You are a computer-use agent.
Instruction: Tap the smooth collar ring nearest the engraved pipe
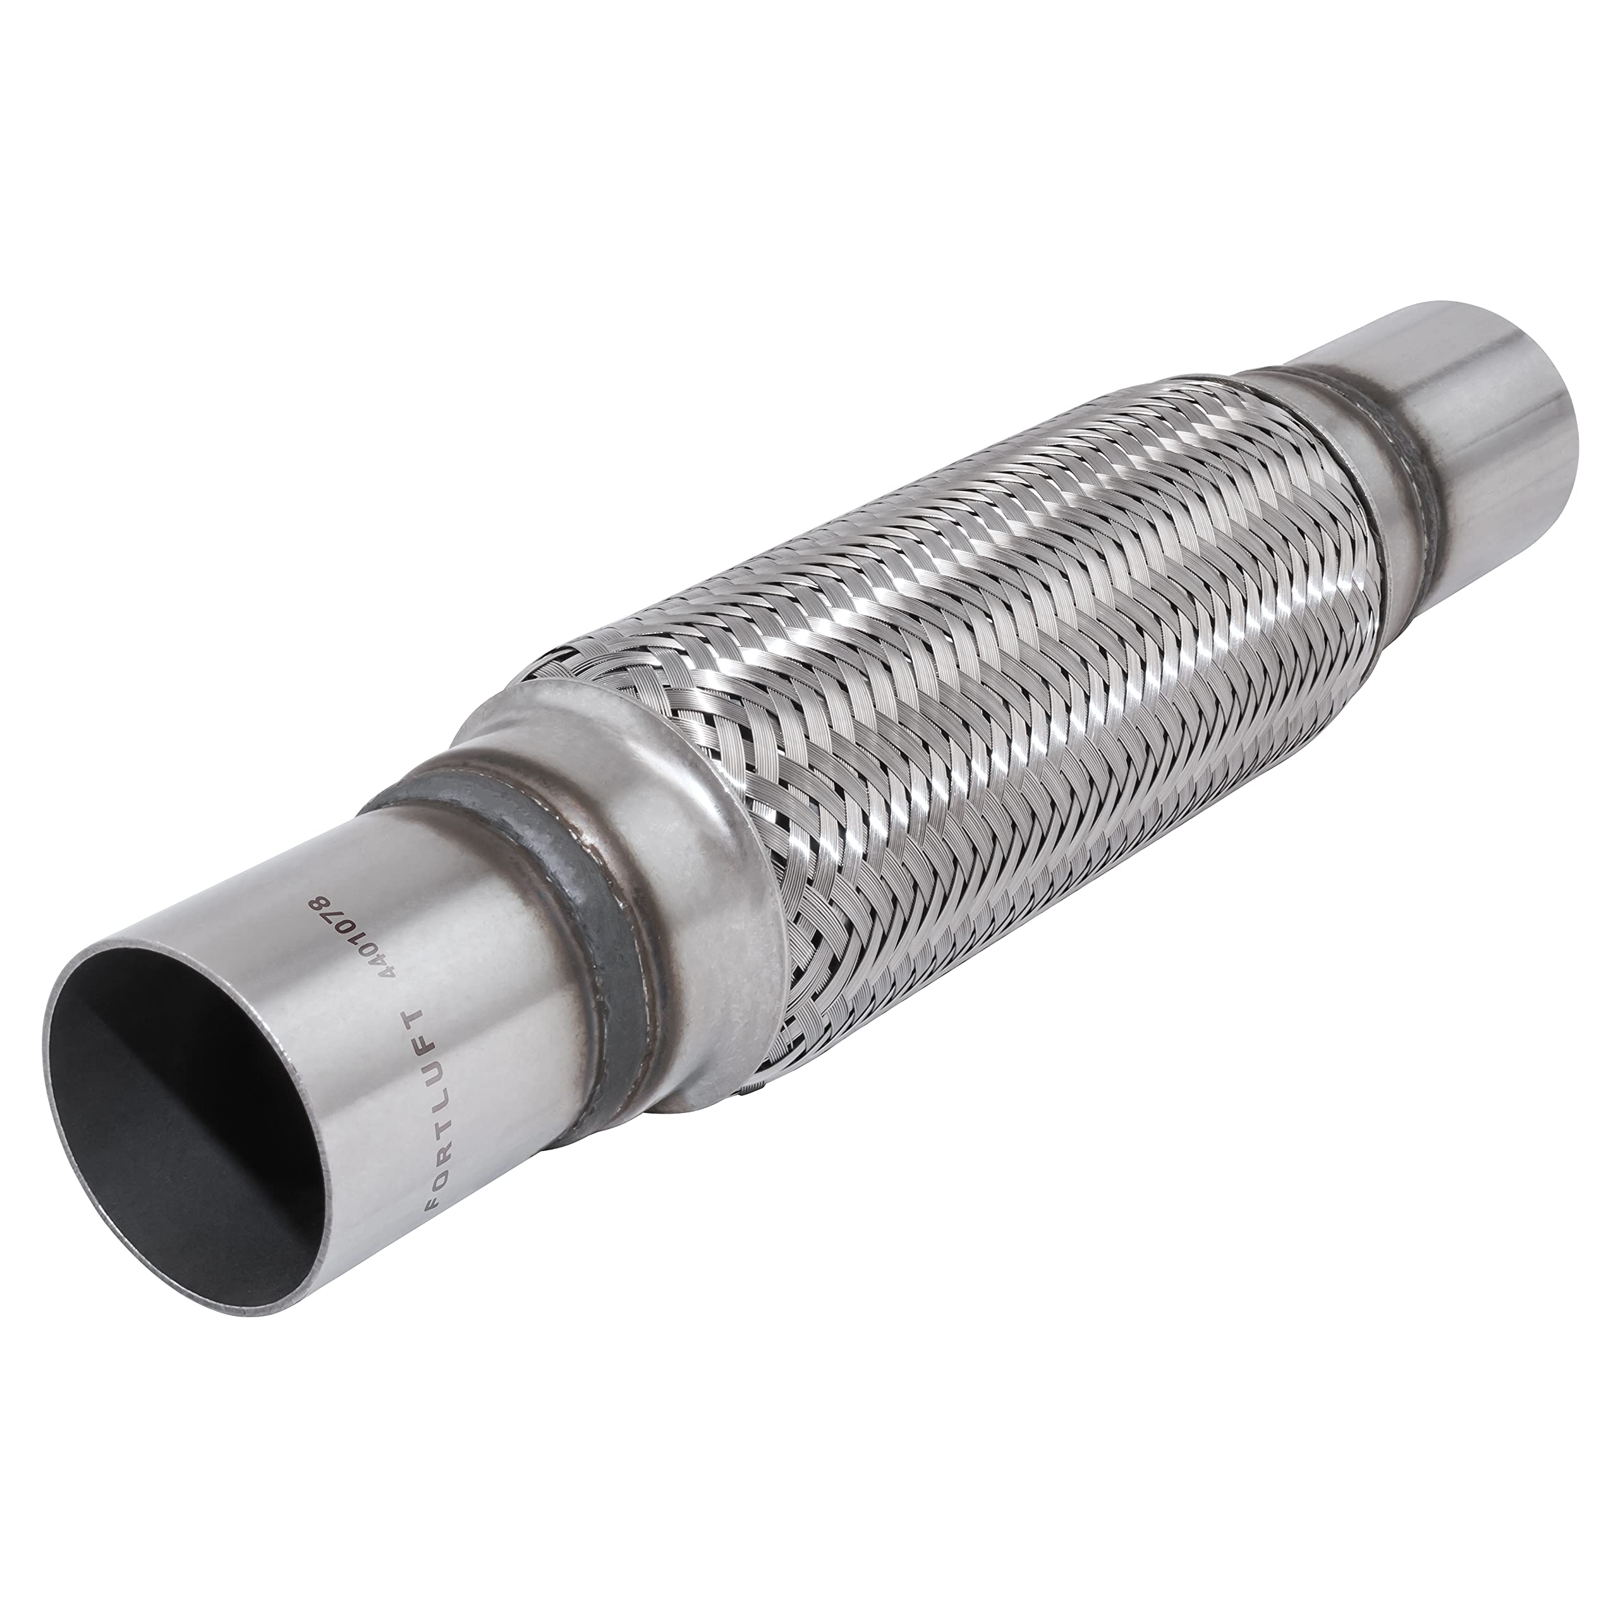662,846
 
